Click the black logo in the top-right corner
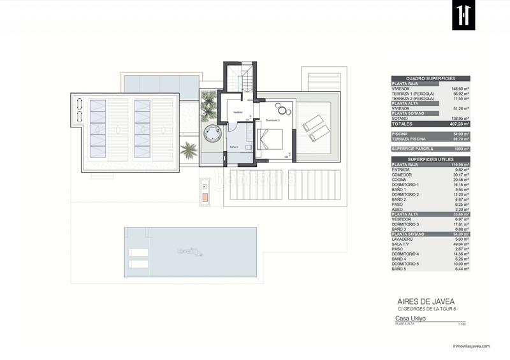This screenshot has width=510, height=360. (463, 15)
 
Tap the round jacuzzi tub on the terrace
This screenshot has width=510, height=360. (210, 133)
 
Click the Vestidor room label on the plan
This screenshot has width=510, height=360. (237, 112)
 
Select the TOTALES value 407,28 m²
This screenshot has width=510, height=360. (459, 124)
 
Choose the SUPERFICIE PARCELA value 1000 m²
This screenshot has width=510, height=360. (459, 148)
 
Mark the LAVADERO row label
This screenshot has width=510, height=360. (404, 239)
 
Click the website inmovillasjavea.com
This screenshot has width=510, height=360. (471, 347)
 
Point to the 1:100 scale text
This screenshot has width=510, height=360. (462, 326)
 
